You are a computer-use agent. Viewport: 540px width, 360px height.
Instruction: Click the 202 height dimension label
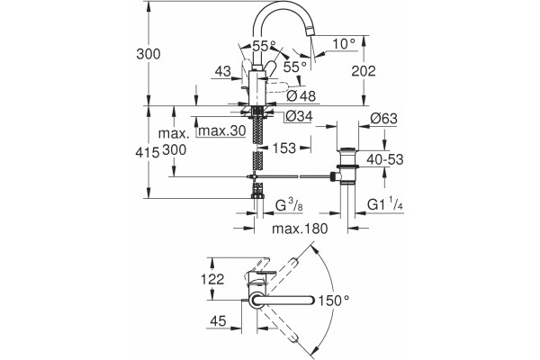pos(364,71)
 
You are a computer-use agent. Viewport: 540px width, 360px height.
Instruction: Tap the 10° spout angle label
pos(344,44)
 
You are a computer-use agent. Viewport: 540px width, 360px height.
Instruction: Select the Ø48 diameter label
pos(301,95)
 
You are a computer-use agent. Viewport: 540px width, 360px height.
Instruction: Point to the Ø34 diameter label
pos(299,116)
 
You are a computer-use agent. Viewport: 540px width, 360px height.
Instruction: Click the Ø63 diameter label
pos(383,119)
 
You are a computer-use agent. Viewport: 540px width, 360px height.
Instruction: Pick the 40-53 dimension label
pos(384,159)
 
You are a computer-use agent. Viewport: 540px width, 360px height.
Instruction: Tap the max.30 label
pos(222,130)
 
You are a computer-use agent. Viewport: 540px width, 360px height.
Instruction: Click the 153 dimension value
pos(284,148)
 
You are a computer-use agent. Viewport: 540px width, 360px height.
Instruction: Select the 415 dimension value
pos(147,152)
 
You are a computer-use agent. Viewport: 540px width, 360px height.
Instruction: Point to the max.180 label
pos(300,229)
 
